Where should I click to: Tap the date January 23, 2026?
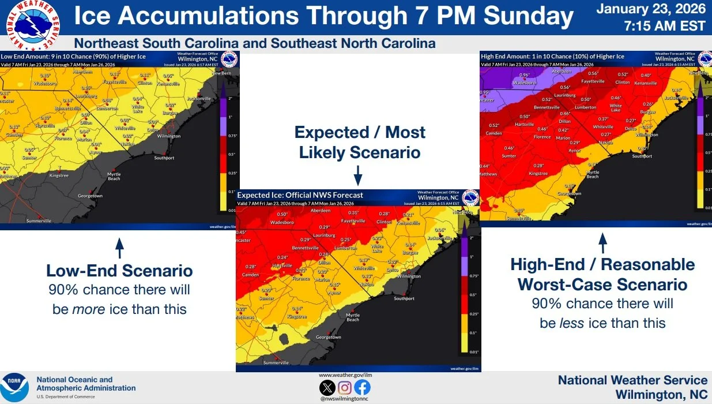(651, 9)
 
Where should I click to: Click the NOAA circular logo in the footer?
(14, 387)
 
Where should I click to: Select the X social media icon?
(327, 388)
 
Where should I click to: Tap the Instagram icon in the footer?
(345, 388)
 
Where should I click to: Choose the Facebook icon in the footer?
(363, 388)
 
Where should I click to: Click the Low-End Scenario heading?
(119, 271)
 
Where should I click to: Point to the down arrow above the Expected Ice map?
(357, 175)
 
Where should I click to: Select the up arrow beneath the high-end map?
(603, 243)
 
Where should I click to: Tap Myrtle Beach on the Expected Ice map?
(352, 317)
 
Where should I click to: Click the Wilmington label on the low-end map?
(169, 136)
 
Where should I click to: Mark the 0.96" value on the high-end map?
(524, 75)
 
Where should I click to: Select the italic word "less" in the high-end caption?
(570, 323)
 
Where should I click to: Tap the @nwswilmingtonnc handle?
(344, 399)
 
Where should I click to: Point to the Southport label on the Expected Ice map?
(404, 298)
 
